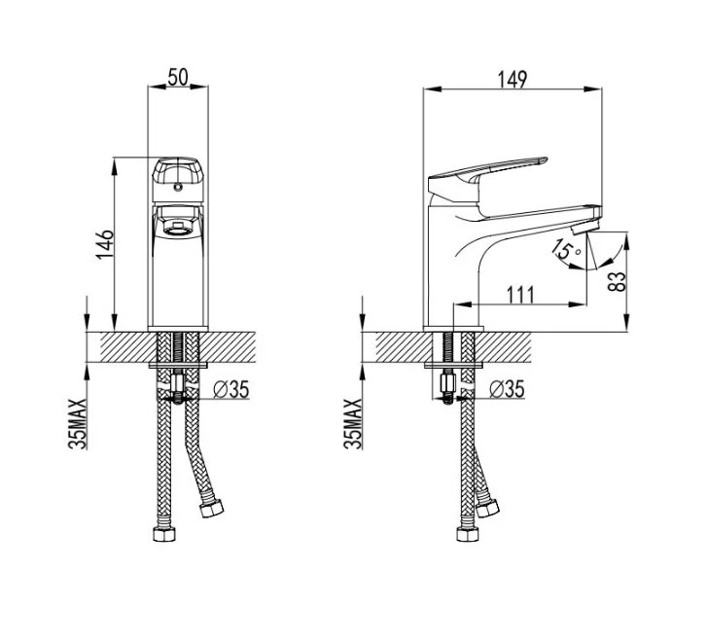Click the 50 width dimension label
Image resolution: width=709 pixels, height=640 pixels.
coord(178,77)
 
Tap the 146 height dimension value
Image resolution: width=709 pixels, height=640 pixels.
coord(105,244)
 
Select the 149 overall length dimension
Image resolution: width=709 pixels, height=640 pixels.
coord(513,80)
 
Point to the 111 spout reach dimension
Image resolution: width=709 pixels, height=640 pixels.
coord(520,295)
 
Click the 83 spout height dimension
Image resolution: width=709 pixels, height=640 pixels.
coord(618,281)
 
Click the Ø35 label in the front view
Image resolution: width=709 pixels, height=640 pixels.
coord(231,389)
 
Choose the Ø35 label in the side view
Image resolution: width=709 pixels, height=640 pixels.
coord(507,389)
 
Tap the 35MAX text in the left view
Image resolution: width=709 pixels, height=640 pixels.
coord(77,424)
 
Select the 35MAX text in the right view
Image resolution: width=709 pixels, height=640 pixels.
coord(353,424)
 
